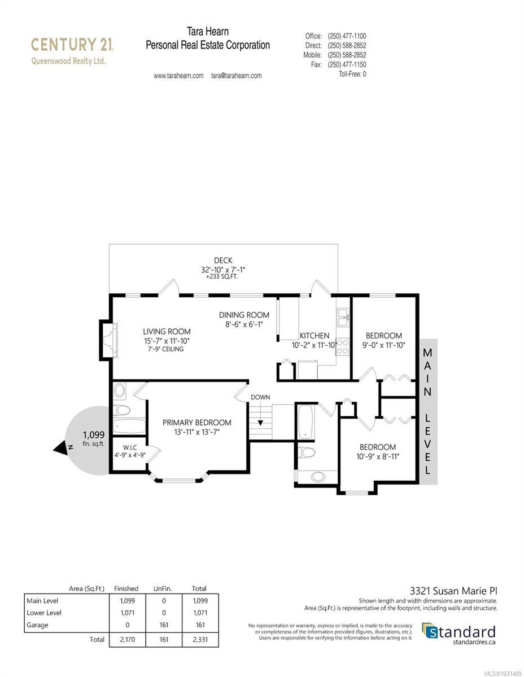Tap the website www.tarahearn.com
click(178, 76)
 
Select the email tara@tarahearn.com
click(236, 76)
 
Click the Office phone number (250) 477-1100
click(347, 36)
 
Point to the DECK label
click(223, 260)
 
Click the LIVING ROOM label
click(167, 331)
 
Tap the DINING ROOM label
click(244, 315)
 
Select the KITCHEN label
click(314, 336)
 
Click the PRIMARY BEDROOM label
click(197, 422)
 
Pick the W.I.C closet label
click(127, 447)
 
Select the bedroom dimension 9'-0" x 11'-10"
click(384, 345)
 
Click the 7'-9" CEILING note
click(163, 349)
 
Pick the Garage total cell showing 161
click(199, 625)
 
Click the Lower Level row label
click(44, 613)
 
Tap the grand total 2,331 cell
click(199, 639)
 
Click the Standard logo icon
click(430, 631)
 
